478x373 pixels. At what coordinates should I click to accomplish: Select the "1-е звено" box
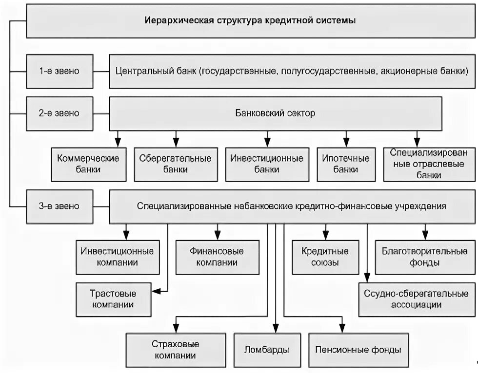pos(59,71)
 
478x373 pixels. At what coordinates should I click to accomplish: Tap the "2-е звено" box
pos(59,113)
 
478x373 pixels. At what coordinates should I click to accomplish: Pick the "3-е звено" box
pos(59,206)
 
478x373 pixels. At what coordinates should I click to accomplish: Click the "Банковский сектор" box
pos(276,113)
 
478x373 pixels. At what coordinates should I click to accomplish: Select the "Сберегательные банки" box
pos(175,164)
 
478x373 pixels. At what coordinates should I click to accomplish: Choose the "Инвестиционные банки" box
pos(267,164)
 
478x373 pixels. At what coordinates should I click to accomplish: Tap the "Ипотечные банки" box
pos(346,164)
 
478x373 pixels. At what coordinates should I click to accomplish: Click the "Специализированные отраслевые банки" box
pos(429,164)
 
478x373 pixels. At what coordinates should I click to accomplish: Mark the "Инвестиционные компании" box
pos(117,257)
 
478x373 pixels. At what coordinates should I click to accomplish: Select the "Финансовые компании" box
pos(217,257)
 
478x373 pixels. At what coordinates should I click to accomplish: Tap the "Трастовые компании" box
pos(113,299)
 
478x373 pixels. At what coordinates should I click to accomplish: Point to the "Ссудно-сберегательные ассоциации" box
pos(416,299)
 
